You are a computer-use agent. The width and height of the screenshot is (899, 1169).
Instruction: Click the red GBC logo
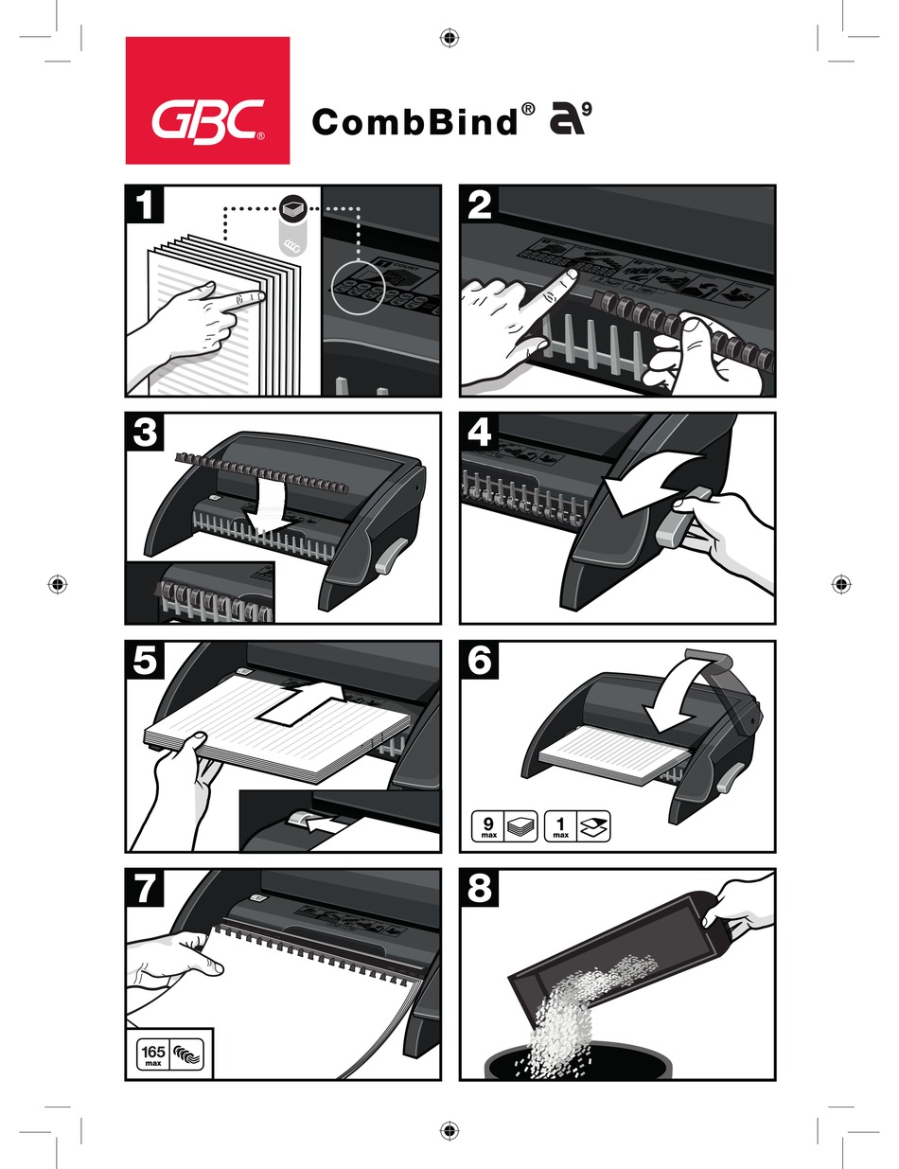[207, 100]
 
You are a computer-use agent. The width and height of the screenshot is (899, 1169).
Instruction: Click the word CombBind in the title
[414, 123]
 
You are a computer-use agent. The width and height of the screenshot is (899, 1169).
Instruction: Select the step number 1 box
[145, 204]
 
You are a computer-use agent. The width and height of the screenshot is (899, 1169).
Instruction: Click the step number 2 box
[480, 204]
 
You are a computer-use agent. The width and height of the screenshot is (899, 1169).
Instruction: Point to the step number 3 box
[145, 433]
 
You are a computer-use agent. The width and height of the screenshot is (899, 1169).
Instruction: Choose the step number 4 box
[480, 433]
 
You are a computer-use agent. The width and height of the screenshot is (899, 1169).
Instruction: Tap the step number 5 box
[145, 661]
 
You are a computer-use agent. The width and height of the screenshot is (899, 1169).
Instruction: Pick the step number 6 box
[480, 661]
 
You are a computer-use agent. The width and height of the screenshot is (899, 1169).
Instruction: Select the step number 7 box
[145, 889]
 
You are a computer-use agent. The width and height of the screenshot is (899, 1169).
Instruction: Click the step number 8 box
[480, 889]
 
